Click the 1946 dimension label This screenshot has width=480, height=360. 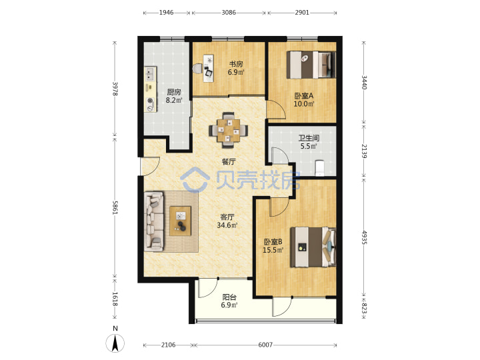(166, 13)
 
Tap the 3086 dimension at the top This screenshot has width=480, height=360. (229, 13)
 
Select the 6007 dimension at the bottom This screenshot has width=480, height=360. (265, 345)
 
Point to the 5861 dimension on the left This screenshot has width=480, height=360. (115, 207)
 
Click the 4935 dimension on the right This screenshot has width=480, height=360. (364, 237)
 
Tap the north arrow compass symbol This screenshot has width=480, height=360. (115, 343)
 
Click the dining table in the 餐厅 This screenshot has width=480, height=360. (229, 131)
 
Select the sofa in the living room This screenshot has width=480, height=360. (154, 221)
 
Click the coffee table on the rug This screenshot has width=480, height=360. (180, 221)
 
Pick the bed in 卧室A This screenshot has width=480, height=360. (311, 65)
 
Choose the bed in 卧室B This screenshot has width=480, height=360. (313, 247)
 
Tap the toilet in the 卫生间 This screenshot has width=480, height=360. (319, 168)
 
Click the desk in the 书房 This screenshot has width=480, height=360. (208, 68)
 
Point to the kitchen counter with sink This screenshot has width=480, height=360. (150, 89)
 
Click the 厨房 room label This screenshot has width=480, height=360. (174, 92)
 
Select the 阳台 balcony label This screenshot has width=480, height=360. (229, 297)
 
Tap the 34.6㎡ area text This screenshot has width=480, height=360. (227, 225)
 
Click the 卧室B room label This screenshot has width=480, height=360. (273, 242)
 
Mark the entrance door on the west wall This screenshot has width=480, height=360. (150, 167)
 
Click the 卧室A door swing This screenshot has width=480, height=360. (276, 109)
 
